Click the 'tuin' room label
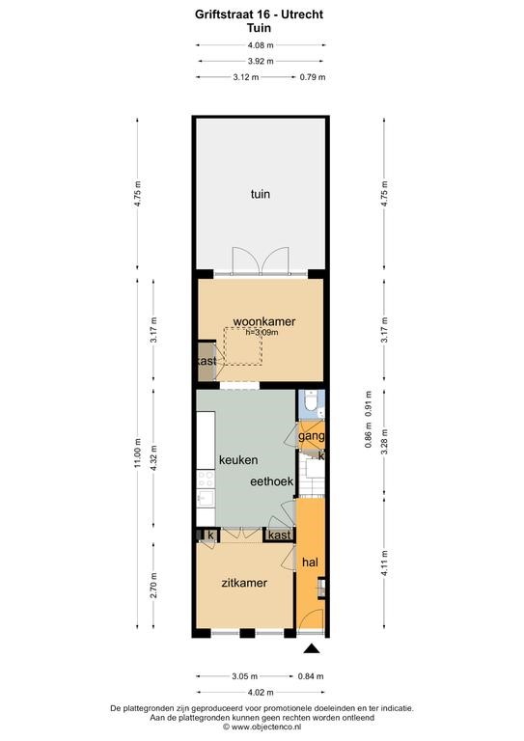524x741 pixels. (261, 194)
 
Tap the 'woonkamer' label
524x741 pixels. (264, 322)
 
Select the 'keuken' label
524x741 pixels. (238, 460)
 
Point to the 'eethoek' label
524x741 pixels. (272, 481)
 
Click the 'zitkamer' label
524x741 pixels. (244, 583)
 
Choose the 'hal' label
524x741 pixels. (310, 563)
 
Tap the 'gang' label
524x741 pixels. (312, 436)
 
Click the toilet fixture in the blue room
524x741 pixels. (312, 401)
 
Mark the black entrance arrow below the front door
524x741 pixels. (312, 648)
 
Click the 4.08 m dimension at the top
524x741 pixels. (261, 45)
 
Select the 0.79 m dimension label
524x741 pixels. (313, 77)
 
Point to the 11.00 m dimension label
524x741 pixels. (137, 453)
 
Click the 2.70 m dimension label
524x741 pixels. (153, 585)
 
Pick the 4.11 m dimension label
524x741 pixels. (385, 563)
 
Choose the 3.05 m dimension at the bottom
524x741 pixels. (245, 676)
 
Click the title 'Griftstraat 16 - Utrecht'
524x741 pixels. (259, 14)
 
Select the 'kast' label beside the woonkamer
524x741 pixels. (207, 361)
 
